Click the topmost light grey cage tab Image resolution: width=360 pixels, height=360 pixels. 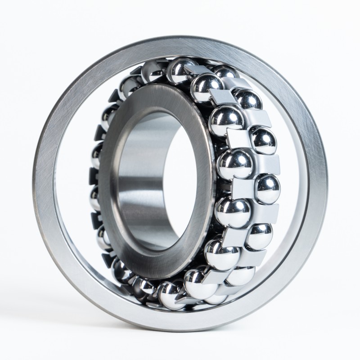pyautogui.click(x=202, y=67)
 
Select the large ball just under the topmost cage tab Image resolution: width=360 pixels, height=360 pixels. pyautogui.click(x=207, y=83)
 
